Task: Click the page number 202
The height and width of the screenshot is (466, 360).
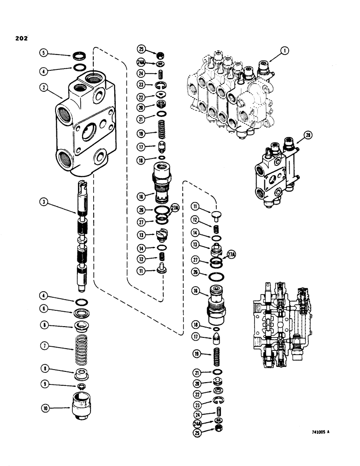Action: [19, 39]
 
